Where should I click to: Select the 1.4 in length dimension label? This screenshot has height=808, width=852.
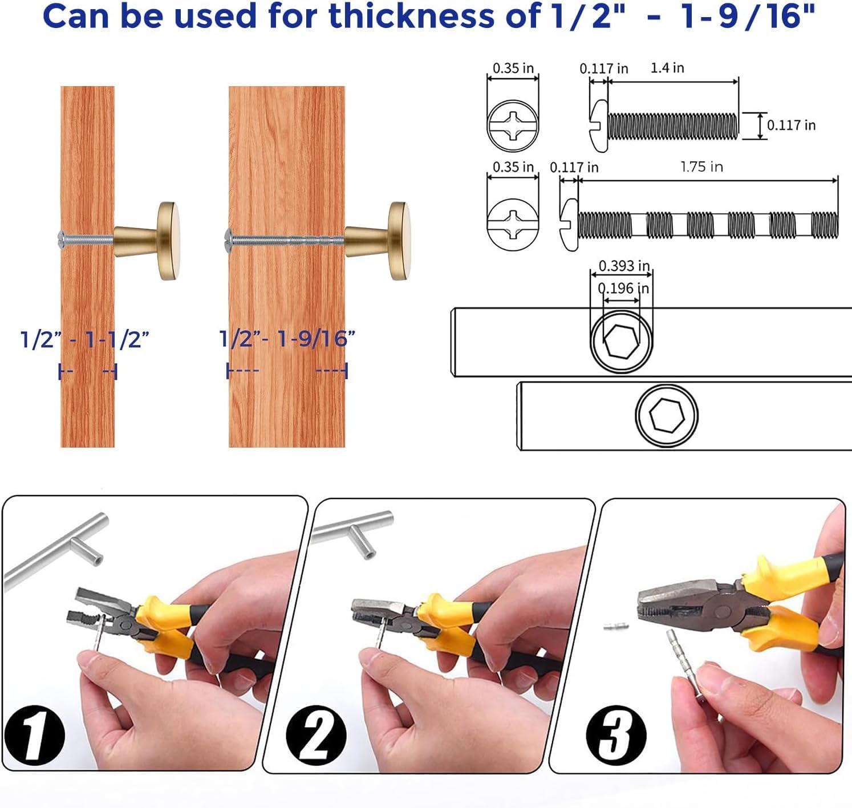click(667, 68)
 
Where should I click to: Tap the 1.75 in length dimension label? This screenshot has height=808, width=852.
click(701, 167)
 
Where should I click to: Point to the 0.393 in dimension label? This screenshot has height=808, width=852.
click(624, 266)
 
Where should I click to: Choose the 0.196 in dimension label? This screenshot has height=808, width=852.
click(623, 289)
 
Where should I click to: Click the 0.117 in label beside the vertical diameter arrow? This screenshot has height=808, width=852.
click(791, 125)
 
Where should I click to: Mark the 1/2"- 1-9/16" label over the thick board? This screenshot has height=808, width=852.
click(287, 339)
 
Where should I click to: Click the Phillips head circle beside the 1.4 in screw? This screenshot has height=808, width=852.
click(513, 125)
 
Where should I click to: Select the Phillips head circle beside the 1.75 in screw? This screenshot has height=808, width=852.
click(513, 224)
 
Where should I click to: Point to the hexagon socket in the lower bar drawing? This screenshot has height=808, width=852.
click(667, 414)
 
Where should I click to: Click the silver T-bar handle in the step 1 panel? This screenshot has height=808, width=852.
click(57, 547)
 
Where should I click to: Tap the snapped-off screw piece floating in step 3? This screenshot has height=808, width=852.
click(616, 626)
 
